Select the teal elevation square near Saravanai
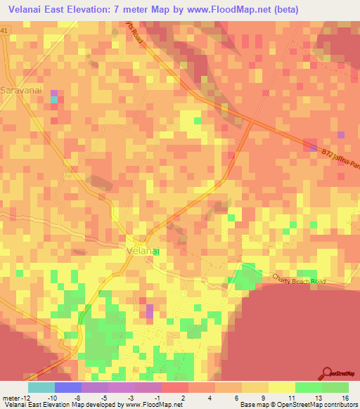point(53,100)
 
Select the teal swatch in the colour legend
point(41,387)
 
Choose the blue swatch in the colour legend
point(67,387)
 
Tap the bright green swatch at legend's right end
point(335,387)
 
